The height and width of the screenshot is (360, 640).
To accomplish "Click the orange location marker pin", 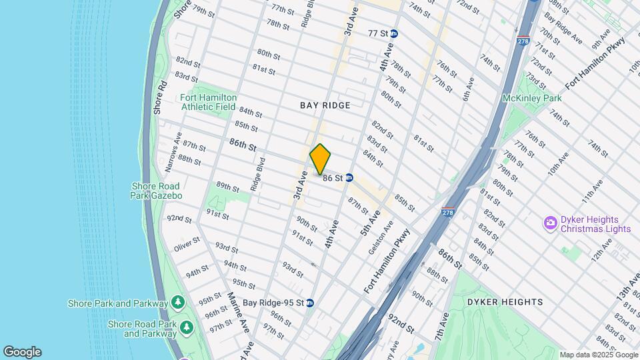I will point(321,159).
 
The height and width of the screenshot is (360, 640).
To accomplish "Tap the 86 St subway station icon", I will point(349,178).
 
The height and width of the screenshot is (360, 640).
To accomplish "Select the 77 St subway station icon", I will point(394,33).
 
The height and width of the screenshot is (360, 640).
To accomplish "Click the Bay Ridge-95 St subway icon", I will point(309,303).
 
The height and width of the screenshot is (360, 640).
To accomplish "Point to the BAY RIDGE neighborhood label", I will point(325,105).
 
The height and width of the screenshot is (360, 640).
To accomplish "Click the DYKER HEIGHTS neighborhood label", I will point(505,302).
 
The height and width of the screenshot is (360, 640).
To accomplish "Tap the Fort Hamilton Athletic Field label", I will point(208,102).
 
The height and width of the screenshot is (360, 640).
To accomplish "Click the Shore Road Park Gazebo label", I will point(156,191).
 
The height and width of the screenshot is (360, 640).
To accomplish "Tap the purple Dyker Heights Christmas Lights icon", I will point(551,222).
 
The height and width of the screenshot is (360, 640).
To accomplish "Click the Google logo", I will point(22,351).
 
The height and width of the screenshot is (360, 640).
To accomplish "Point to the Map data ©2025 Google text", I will point(598,355).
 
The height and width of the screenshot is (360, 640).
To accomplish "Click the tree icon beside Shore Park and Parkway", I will point(177,303).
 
